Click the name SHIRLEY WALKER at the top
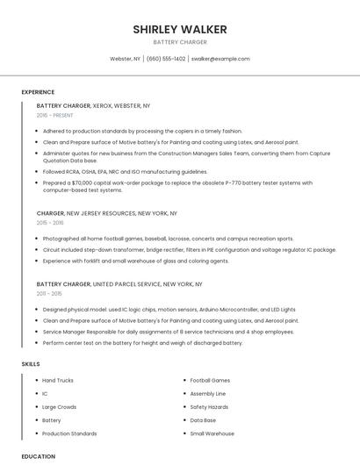click(180, 29)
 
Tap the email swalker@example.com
click(220, 59)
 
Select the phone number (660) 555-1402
click(166, 59)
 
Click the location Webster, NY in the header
click(125, 59)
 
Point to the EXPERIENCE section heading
click(38, 92)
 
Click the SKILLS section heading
click(31, 364)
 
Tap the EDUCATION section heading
click(39, 456)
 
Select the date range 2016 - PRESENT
click(56, 115)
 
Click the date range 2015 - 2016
click(50, 223)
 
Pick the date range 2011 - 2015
click(50, 294)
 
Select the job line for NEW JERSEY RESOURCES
click(107, 213)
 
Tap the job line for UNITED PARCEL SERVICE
click(119, 284)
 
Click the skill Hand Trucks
click(58, 380)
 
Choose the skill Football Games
click(210, 380)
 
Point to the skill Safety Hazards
click(209, 407)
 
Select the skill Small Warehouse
click(212, 433)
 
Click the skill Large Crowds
click(60, 407)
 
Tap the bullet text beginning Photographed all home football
click(168, 238)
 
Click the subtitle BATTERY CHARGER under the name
click(180, 42)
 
